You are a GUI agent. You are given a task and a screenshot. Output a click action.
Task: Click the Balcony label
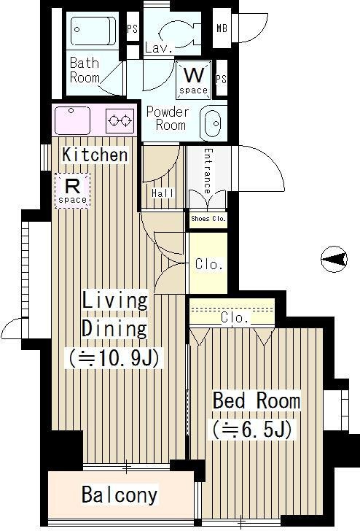120,495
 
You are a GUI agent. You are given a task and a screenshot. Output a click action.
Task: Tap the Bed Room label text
257,400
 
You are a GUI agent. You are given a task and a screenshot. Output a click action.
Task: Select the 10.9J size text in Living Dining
114,357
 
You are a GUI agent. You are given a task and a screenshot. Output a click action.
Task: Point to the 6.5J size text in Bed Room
252,430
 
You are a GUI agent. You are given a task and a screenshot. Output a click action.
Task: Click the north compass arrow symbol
334,259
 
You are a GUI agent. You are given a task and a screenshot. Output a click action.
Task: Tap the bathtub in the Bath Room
93,31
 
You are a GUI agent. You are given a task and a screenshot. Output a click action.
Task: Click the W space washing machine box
194,80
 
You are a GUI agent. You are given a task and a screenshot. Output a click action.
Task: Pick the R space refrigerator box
72,190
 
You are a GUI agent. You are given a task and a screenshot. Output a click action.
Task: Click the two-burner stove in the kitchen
120,120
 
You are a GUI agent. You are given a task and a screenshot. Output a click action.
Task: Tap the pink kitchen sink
72,120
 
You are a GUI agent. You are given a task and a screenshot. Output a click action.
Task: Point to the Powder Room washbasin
211,123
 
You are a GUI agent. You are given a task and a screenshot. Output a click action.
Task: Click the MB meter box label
222,28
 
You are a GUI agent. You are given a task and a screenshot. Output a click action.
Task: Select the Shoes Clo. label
208,219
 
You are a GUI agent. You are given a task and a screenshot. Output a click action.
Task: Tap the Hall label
163,193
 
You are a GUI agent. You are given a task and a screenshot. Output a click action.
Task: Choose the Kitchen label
95,155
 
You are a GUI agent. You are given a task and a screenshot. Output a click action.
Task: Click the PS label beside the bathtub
133,28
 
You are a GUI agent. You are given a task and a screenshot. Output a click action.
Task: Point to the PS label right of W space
222,79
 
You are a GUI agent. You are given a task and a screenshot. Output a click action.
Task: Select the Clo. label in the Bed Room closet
235,318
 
